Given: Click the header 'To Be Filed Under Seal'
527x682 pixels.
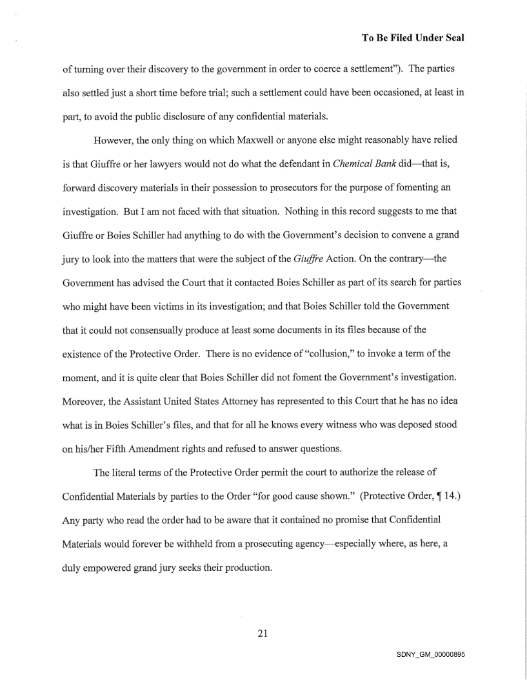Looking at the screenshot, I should click(x=413, y=38).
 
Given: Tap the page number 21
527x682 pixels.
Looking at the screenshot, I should click(x=263, y=633).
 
